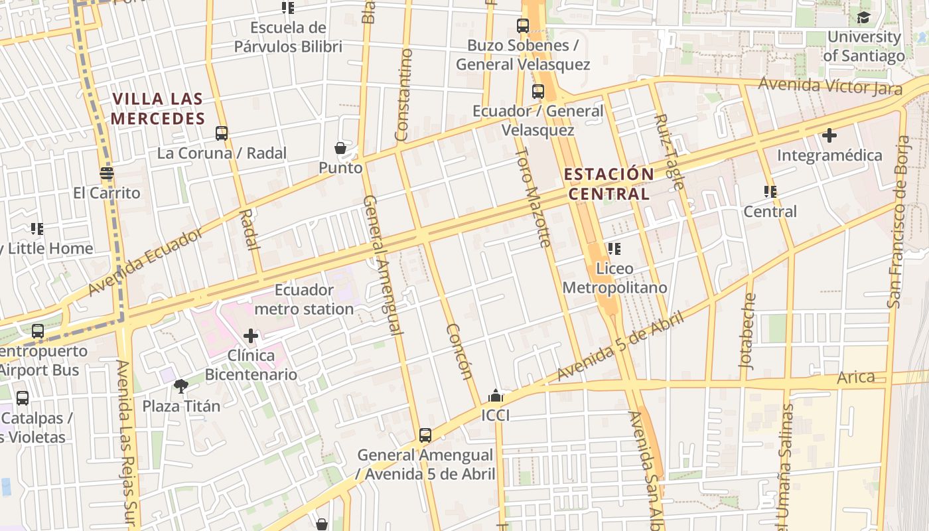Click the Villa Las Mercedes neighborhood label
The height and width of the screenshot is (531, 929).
coord(158,109)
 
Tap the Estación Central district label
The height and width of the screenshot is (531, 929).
coord(608,184)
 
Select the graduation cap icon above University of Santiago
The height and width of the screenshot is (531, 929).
coord(863,17)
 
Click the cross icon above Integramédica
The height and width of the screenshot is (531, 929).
coord(829,135)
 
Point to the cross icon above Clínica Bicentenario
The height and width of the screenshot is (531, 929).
coord(251,336)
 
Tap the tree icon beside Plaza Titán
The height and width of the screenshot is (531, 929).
coord(180,386)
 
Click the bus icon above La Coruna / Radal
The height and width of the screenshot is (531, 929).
coord(222,133)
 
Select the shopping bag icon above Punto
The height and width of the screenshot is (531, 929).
coord(340,148)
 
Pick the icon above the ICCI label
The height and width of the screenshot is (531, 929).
coord(495,396)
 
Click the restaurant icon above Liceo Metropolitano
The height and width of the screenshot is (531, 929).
coord(614,249)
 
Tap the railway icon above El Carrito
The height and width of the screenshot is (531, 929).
coord(107,174)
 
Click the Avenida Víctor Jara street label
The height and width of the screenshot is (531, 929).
coord(829,86)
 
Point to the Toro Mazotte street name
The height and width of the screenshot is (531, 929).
coord(534,197)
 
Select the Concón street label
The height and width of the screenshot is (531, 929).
coord(460,351)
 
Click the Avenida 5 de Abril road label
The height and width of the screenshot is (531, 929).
coord(620,346)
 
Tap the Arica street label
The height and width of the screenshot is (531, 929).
coord(856,377)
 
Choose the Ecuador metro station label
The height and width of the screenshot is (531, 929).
coord(304,299)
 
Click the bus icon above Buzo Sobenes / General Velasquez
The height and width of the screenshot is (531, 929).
coord(523,26)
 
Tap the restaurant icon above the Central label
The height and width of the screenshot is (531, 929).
coord(770,192)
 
